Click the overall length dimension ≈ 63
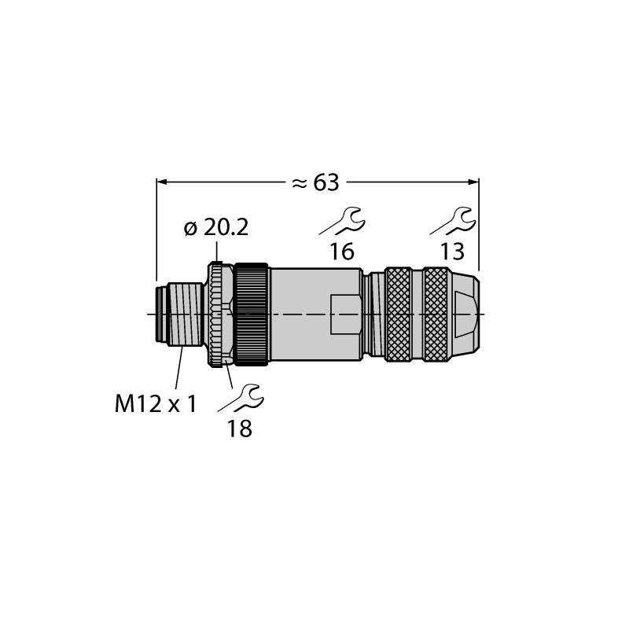pos(315,182)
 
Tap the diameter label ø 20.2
pos(216,228)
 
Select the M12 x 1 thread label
pos(156,403)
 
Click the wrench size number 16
pos(342,252)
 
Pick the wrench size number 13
pos(453,252)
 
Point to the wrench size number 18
pos(240,429)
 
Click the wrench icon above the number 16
pos(342,221)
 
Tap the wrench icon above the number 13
pos(453,221)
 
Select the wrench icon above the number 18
pos(241,398)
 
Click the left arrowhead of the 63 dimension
pos(161,182)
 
